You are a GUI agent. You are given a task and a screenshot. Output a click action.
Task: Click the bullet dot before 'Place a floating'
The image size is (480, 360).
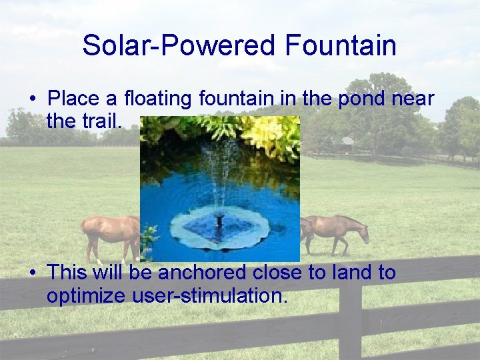[x=32, y=99]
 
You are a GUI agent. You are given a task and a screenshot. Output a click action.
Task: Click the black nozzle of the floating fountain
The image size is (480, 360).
[x=219, y=219]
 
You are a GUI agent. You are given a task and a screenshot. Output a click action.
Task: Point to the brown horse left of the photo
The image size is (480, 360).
[x=111, y=233]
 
